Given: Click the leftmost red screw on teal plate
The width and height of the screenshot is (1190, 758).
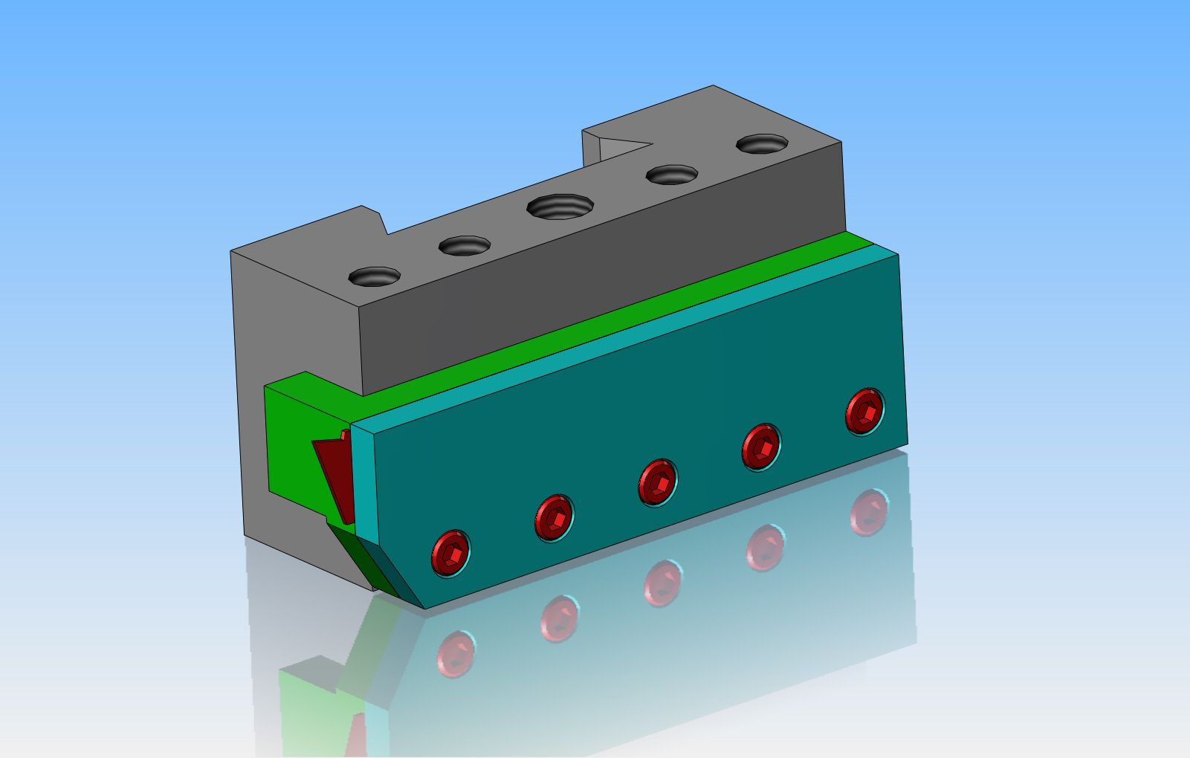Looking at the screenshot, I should [450, 552].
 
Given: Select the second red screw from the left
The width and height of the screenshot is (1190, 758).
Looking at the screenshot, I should [554, 517].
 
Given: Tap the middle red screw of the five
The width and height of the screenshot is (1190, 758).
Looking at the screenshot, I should [657, 482].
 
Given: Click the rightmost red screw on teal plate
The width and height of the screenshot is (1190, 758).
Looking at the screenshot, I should [865, 411].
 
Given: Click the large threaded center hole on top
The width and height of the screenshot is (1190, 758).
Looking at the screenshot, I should [561, 206].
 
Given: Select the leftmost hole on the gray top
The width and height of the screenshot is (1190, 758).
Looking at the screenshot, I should [375, 277].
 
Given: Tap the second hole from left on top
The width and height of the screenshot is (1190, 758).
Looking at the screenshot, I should [465, 245].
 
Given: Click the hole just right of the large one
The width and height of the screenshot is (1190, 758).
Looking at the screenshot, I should [672, 175].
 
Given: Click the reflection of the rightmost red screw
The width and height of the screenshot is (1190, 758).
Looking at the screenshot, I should [870, 511].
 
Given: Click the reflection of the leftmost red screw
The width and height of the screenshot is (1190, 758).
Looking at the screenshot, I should [455, 652].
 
